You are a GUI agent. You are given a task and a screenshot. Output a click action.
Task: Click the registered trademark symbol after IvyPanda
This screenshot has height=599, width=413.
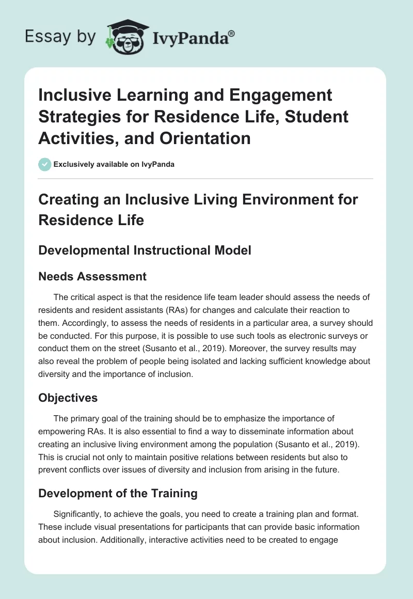pos(232,33)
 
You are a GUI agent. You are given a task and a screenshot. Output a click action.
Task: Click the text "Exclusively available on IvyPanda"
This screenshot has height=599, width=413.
pos(114,164)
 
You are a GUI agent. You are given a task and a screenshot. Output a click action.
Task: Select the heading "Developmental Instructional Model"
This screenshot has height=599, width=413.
pos(145,250)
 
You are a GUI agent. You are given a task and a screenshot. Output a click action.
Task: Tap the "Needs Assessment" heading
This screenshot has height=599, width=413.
pos(92,276)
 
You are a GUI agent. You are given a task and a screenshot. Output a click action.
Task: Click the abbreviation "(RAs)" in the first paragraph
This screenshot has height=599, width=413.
pos(164,310)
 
